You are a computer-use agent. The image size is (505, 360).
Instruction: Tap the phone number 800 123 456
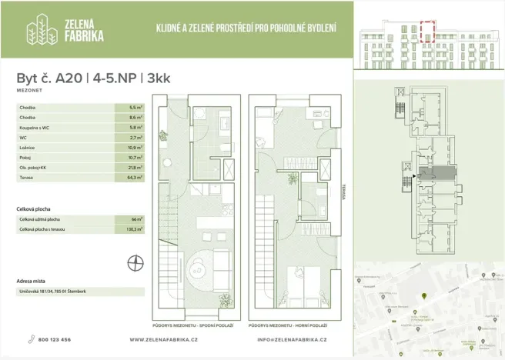click(54, 339)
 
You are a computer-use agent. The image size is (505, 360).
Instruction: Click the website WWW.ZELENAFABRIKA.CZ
click(164, 339)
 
